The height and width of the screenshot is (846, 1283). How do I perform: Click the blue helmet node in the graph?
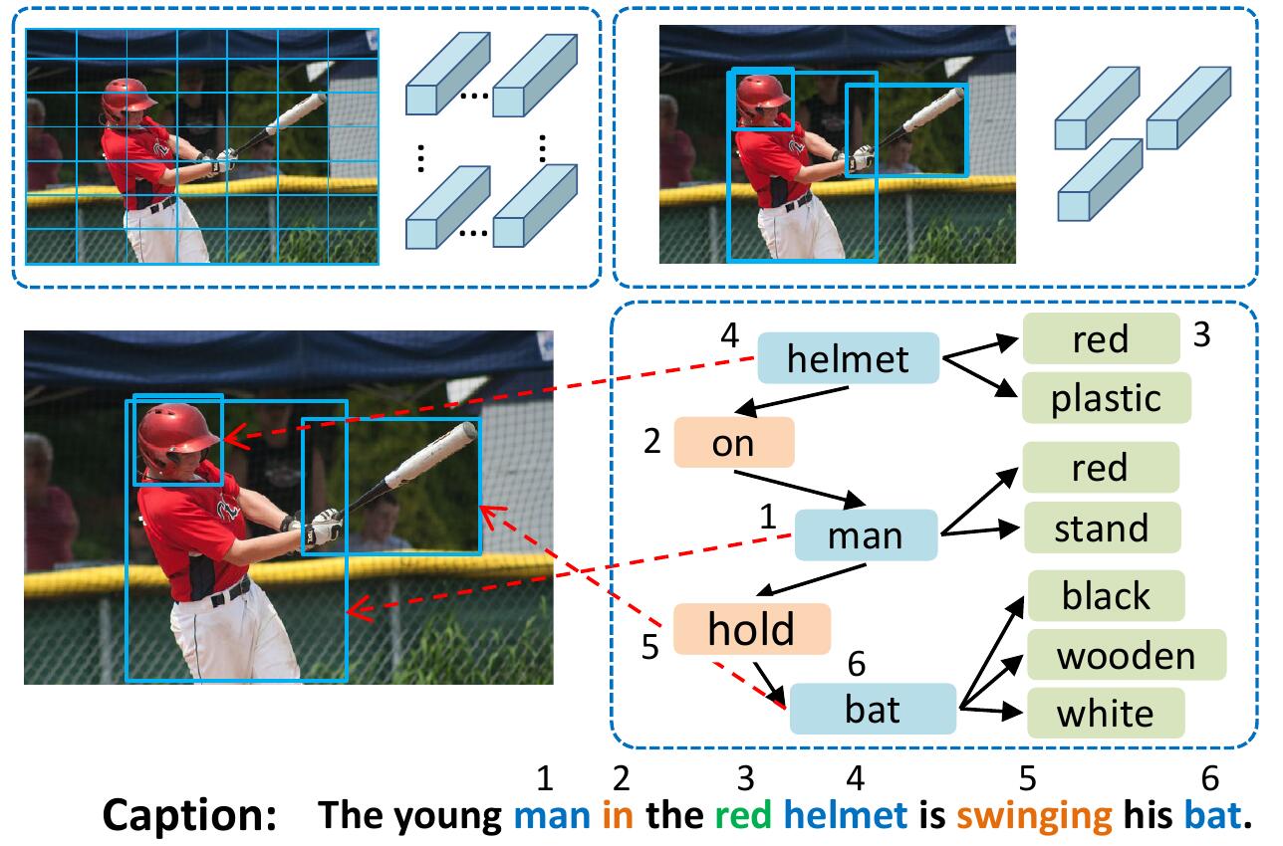(x=849, y=358)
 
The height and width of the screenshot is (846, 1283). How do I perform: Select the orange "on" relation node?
(x=734, y=443)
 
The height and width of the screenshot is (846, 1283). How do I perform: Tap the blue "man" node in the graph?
(x=866, y=535)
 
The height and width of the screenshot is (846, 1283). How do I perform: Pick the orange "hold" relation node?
(x=752, y=629)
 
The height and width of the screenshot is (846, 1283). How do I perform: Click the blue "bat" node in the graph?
(x=873, y=709)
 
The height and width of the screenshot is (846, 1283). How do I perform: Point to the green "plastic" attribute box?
(x=1106, y=398)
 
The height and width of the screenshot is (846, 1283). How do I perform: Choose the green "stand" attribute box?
(x=1101, y=528)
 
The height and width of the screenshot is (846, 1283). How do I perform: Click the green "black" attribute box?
(x=1106, y=596)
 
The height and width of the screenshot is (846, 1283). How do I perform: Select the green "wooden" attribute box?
(x=1126, y=655)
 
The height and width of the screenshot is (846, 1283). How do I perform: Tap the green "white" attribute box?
(x=1106, y=714)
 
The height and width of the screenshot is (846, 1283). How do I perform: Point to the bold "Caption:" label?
(x=189, y=816)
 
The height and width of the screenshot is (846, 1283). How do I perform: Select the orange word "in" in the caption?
(x=618, y=816)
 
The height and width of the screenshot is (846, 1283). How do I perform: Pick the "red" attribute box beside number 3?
(x=1101, y=338)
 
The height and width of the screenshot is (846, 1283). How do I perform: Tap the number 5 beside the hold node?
(x=650, y=647)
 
